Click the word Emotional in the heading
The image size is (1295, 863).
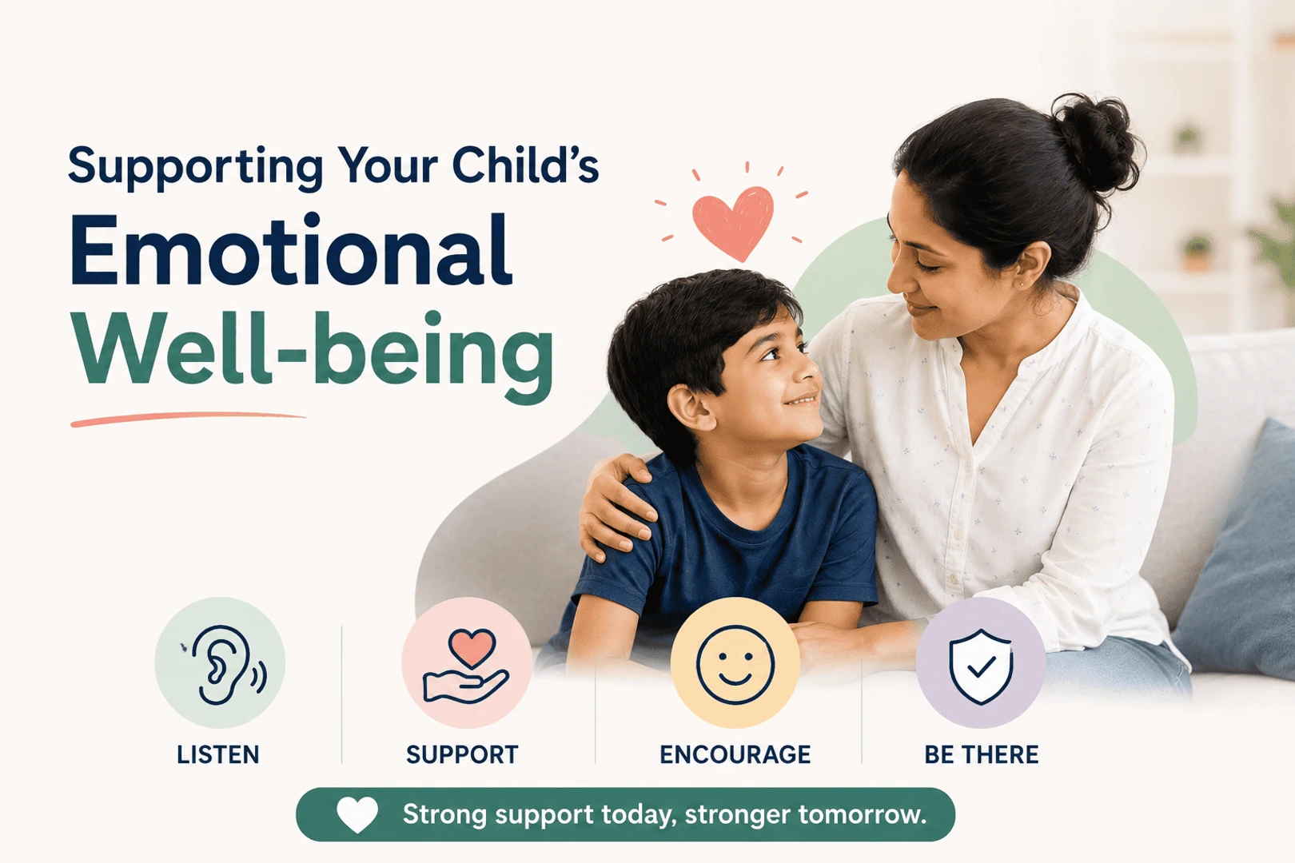pos(291,250)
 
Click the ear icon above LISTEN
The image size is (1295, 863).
pos(225,665)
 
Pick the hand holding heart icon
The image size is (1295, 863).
pos(466,666)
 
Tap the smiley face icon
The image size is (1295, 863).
pos(735,665)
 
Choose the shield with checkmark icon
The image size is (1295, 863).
pos(981,666)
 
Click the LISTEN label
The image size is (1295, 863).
pos(218,754)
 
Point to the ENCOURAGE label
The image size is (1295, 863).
pos(735,754)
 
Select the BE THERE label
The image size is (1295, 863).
pos(981,754)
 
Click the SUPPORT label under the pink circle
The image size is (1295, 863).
pos(462,754)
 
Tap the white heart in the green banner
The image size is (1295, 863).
pos(357,814)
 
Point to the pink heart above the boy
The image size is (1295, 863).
pos(733,222)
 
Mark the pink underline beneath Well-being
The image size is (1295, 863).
pos(189,419)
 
